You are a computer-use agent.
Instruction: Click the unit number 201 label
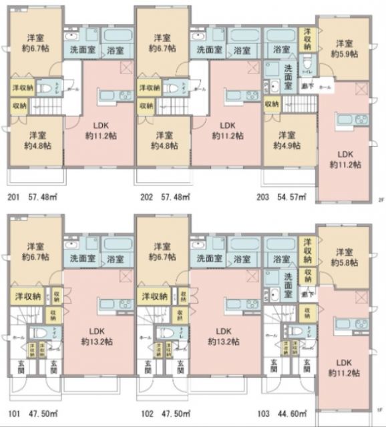coord(13,197)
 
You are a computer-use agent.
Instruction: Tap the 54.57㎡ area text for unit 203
coord(291,197)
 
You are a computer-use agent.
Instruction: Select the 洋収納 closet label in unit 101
coord(27,296)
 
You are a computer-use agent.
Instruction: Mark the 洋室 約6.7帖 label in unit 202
coord(162,43)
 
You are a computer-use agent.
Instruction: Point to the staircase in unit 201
coord(47,106)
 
